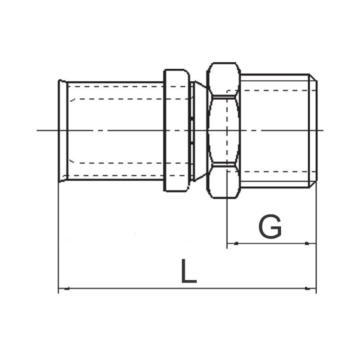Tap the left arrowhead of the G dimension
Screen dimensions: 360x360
click(231, 244)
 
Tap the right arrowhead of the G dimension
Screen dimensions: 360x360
click(311, 244)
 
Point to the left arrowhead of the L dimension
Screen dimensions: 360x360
click(63, 288)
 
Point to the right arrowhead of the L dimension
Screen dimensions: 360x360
click(311, 288)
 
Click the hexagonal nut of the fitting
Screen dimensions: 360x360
click(223, 130)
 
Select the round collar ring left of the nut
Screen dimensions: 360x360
click(176, 130)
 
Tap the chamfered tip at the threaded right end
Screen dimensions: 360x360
click(314, 130)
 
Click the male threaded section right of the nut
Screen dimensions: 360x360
click(275, 130)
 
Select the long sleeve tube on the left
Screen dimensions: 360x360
click(115, 130)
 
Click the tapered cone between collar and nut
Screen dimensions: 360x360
click(199, 130)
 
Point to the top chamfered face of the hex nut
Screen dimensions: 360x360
click(223, 79)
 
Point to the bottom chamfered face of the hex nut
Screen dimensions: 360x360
click(223, 182)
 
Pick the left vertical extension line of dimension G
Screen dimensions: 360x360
click(227, 220)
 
